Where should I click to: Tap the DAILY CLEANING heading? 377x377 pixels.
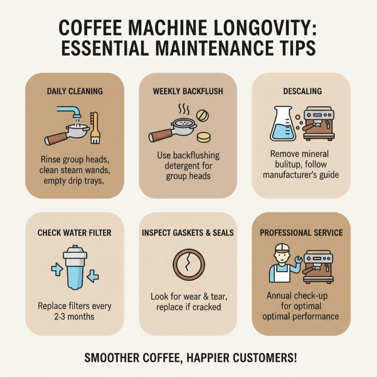[x=74, y=91]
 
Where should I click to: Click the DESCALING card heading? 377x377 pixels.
[x=302, y=91]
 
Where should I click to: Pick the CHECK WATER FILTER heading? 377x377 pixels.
[x=74, y=232]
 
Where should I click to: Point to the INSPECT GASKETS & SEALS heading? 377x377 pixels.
[x=188, y=232]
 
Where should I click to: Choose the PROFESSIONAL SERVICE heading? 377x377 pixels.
[x=302, y=232]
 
